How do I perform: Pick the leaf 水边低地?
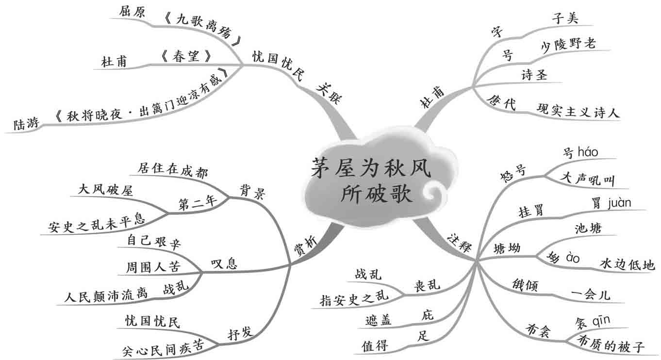(627, 264)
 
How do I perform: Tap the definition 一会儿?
(590, 295)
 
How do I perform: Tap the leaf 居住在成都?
(169, 169)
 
